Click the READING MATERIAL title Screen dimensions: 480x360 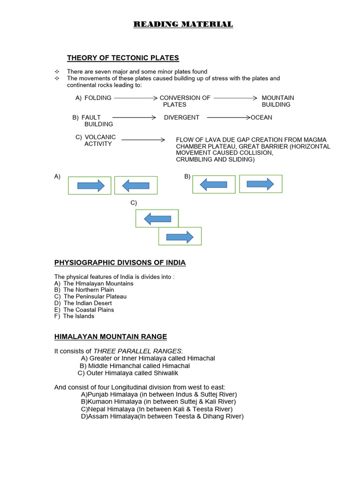[183, 24]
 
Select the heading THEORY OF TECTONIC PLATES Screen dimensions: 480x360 [123, 58]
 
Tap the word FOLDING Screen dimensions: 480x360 [98, 98]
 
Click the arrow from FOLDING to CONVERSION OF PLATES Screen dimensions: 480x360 [135, 98]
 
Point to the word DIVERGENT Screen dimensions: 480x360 [181, 118]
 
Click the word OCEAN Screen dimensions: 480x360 [262, 118]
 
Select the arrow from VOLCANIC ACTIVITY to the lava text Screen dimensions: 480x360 [143, 140]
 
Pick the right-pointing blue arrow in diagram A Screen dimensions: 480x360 [91, 186]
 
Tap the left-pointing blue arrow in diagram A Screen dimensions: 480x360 [135, 186]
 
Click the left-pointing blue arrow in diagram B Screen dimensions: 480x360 [213, 185]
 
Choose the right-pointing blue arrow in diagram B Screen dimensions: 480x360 [260, 184]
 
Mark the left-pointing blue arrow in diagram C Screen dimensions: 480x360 [157, 218]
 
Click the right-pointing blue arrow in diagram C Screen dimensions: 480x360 [180, 237]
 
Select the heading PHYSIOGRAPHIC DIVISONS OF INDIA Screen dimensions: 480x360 [120, 262]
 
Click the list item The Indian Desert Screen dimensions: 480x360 [88, 303]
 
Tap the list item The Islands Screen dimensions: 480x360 [79, 316]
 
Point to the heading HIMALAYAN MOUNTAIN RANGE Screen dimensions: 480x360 [111, 337]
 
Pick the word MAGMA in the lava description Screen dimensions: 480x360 [315, 140]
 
